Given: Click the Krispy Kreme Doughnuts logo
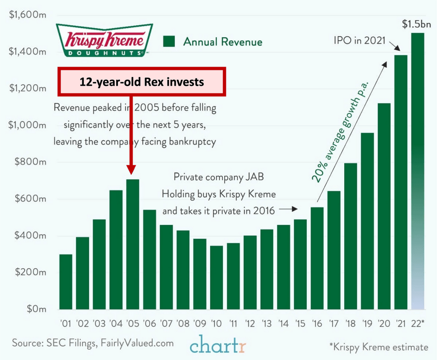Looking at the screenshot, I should pyautogui.click(x=104, y=40).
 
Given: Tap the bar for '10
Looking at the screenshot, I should pyautogui.click(x=216, y=278).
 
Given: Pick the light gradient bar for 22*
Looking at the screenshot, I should pyautogui.click(x=417, y=171).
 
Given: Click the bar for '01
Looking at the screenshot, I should pyautogui.click(x=66, y=282).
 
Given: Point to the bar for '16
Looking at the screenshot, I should pyautogui.click(x=317, y=258).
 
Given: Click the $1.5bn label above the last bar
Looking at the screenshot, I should pyautogui.click(x=416, y=24).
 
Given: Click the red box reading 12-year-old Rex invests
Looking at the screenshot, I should pyautogui.click(x=143, y=81).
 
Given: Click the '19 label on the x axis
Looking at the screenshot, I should pyautogui.click(x=367, y=323).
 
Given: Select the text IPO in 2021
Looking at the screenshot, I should pyautogui.click(x=359, y=41).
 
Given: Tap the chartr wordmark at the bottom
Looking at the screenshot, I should pyautogui.click(x=218, y=345).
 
